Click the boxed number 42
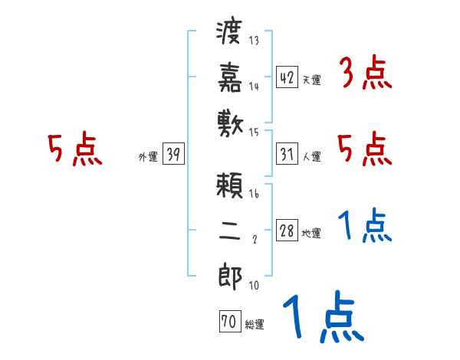pos(286,77)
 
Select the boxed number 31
pos(286,155)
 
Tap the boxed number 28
pos(286,231)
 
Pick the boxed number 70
pos(228,322)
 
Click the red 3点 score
pos(365,74)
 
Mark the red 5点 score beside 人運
pos(365,149)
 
